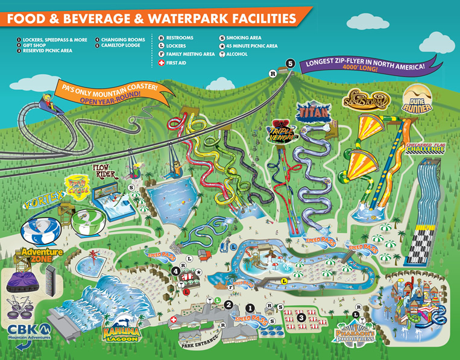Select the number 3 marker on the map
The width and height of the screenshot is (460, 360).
click(x=300, y=318)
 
